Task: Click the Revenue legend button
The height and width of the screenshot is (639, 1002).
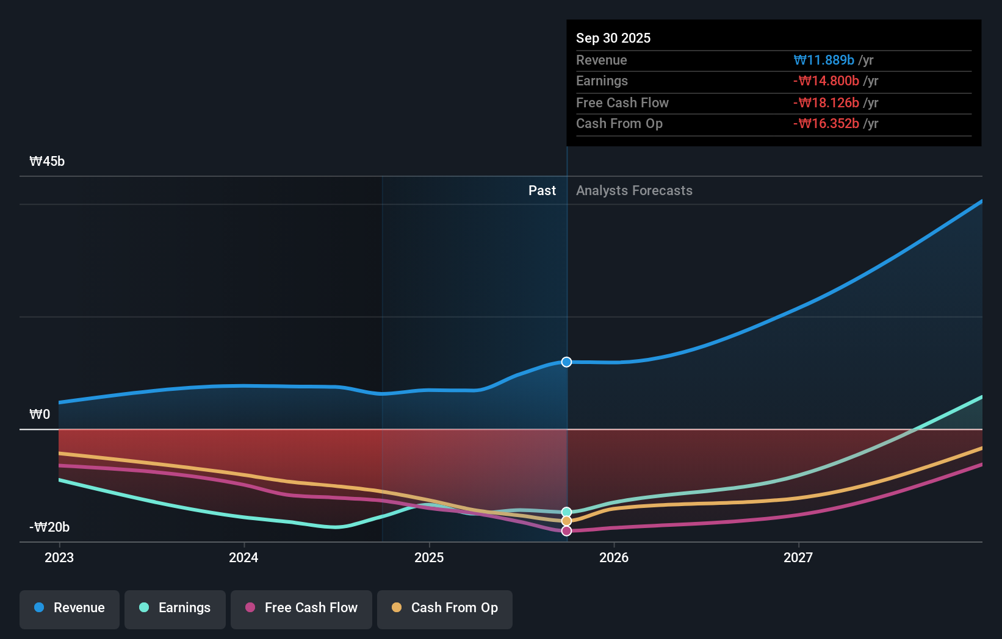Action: pyautogui.click(x=70, y=608)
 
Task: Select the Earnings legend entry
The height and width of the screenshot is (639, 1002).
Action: pyautogui.click(x=175, y=608)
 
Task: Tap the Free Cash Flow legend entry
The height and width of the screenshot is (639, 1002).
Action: pyautogui.click(x=301, y=608)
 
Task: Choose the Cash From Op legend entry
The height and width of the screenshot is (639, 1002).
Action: pyautogui.click(x=445, y=608)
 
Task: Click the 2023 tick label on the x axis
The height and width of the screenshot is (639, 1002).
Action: pyautogui.click(x=59, y=558)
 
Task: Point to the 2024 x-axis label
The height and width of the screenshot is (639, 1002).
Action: pyautogui.click(x=243, y=558)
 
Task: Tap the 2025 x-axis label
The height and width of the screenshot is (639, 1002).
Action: pyautogui.click(x=429, y=558)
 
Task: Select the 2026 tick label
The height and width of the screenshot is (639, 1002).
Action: pyautogui.click(x=614, y=558)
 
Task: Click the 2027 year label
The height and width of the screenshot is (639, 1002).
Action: pyautogui.click(x=798, y=558)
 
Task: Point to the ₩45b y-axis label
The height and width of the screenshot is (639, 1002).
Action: pyautogui.click(x=47, y=162)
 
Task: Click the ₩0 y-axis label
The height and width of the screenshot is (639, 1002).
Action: pyautogui.click(x=40, y=415)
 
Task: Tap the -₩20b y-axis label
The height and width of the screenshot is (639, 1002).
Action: pyautogui.click(x=49, y=527)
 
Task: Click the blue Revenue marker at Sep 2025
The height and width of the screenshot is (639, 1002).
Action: pyautogui.click(x=566, y=362)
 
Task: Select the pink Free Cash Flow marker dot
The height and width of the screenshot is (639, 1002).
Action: pyautogui.click(x=566, y=531)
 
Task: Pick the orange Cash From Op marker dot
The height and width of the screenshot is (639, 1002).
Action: pyautogui.click(x=566, y=521)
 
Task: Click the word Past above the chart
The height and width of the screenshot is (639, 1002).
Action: pyautogui.click(x=542, y=191)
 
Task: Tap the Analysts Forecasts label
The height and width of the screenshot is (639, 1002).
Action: pyautogui.click(x=634, y=191)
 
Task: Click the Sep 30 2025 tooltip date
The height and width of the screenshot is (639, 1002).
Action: pyautogui.click(x=613, y=38)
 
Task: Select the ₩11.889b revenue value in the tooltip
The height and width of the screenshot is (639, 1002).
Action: pyautogui.click(x=824, y=60)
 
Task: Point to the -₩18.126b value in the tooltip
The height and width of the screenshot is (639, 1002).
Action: pyautogui.click(x=826, y=103)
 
